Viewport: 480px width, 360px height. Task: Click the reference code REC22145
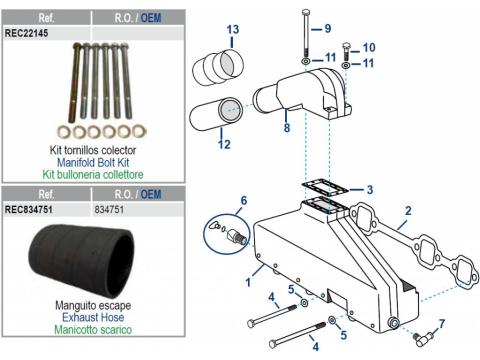(x=26, y=33)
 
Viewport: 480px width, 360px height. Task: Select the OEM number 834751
(x=109, y=210)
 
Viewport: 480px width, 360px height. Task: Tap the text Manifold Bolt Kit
(x=93, y=163)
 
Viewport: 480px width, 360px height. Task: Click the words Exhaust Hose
(x=93, y=317)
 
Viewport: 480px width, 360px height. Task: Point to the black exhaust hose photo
(x=82, y=261)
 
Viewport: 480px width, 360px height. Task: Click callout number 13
(x=233, y=29)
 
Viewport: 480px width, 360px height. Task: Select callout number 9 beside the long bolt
(x=328, y=28)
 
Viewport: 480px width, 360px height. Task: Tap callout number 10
(x=369, y=47)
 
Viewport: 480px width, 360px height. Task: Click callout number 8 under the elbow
(x=287, y=127)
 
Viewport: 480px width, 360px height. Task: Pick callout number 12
(x=224, y=144)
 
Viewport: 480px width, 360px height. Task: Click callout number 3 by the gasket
(x=370, y=190)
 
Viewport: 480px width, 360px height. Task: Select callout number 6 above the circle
(x=244, y=200)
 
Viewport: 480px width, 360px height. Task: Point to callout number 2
(x=408, y=211)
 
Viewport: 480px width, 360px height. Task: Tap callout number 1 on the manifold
(x=248, y=282)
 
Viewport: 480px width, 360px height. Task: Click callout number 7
(x=442, y=323)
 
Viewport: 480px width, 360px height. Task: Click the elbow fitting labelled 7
(x=421, y=339)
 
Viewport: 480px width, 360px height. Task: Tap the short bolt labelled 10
(x=346, y=51)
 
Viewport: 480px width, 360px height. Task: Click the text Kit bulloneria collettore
(x=93, y=174)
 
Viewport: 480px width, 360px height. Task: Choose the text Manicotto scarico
(x=93, y=330)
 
